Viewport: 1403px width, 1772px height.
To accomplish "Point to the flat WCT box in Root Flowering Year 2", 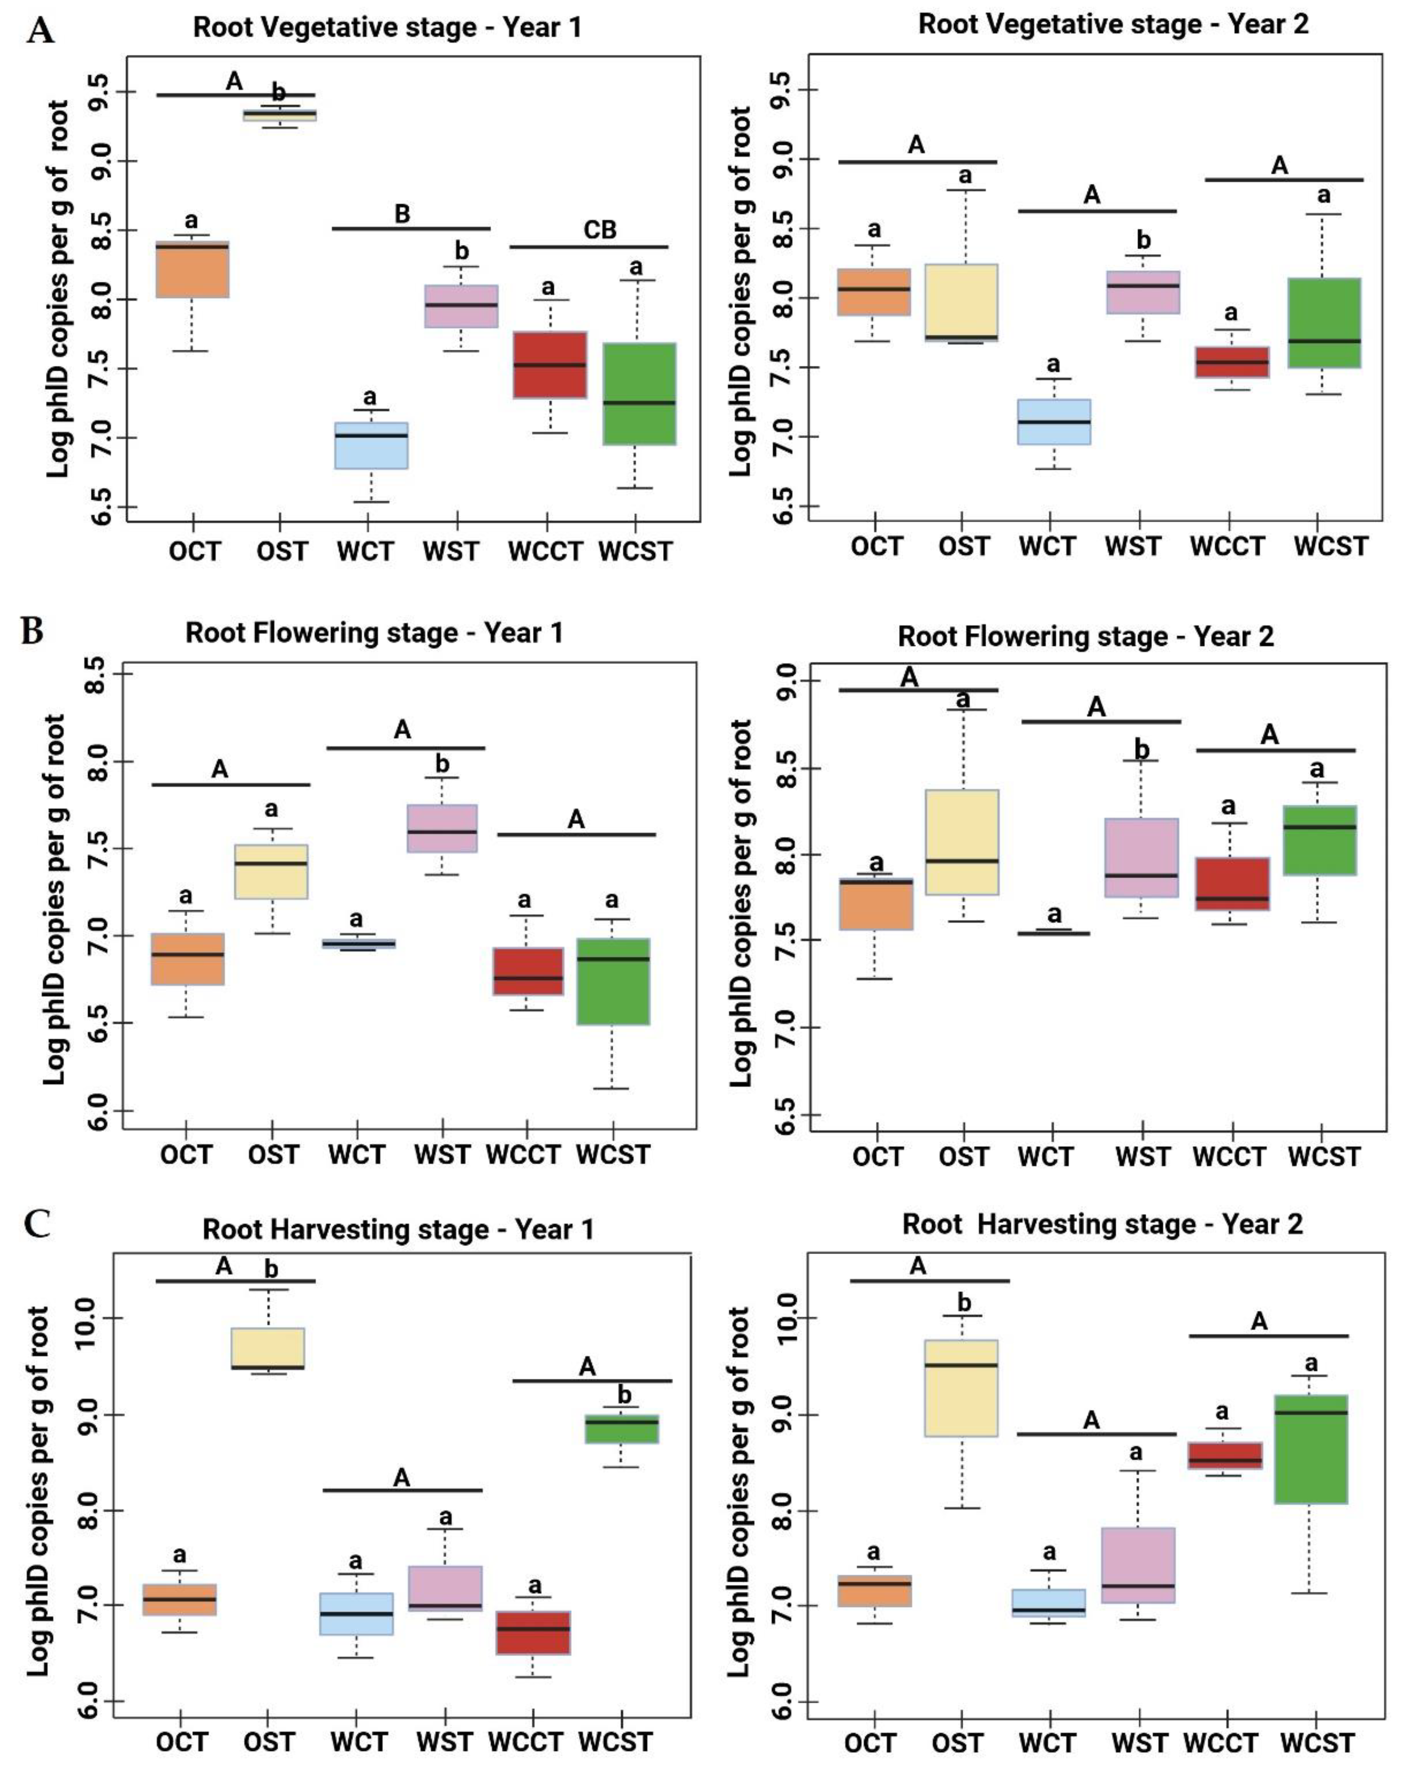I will [x=1053, y=933].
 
